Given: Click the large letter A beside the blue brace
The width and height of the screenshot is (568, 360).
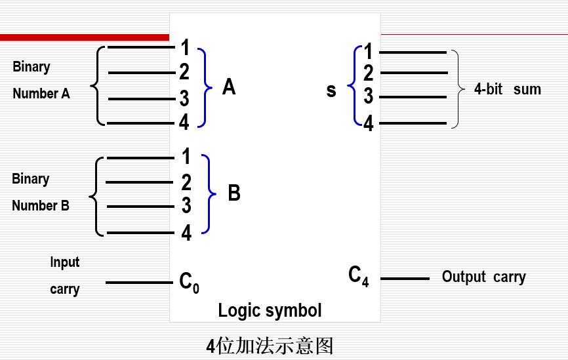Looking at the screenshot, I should coord(228,87).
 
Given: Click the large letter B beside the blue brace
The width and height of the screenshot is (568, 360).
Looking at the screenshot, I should coord(233,193).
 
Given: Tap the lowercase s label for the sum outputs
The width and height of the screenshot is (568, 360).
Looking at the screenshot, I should coord(331,90).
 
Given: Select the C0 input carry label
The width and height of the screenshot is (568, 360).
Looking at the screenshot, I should coord(189,283).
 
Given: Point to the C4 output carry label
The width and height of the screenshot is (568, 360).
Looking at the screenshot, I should coord(358,275).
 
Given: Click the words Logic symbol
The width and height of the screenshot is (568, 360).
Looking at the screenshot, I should coord(270,310).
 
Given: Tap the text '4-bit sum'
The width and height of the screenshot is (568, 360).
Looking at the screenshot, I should coord(507,89).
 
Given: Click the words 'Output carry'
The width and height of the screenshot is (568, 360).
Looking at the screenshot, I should coord(483,277).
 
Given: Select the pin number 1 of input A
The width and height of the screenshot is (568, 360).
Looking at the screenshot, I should coord(185,47).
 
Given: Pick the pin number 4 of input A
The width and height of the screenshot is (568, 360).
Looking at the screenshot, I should coord(184,122).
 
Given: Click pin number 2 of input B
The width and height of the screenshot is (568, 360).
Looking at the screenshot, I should coord(186,182).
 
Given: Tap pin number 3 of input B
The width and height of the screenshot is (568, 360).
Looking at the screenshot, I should coord(186,206).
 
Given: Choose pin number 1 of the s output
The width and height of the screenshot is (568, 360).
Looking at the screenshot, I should coord(368,51).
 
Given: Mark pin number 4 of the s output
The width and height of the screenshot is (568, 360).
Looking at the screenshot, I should coord(368,123).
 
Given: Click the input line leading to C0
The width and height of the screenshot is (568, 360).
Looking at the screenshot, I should coord(138,283).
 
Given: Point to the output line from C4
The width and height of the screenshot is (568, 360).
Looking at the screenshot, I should coord(405,279).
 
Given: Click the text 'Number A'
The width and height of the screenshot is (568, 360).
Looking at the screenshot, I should coord(41,94).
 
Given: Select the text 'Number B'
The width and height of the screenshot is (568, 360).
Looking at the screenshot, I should coord(40,206).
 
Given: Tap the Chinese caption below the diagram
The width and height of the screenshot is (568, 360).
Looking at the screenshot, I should coord(270,345).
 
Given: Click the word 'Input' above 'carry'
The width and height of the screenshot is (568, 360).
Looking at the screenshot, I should coord(64,262).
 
